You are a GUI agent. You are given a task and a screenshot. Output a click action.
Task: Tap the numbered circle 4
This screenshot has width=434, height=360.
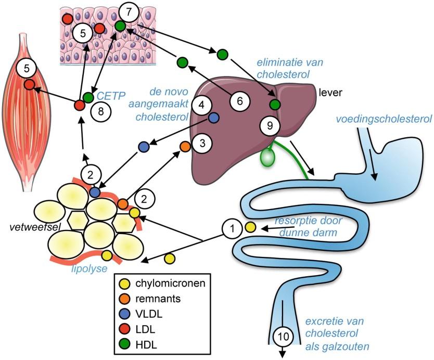click(201, 105)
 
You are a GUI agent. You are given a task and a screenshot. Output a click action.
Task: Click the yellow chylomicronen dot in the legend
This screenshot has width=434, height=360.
click(125, 284)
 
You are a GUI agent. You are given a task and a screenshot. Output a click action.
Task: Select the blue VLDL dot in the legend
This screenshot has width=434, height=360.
click(125, 314)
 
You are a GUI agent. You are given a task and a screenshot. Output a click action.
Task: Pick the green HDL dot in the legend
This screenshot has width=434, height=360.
click(125, 344)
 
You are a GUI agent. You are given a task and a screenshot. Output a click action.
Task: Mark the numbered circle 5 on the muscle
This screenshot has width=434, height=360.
click(25, 68)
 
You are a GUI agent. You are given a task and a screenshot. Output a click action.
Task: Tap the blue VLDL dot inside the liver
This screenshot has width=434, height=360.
click(213, 118)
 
